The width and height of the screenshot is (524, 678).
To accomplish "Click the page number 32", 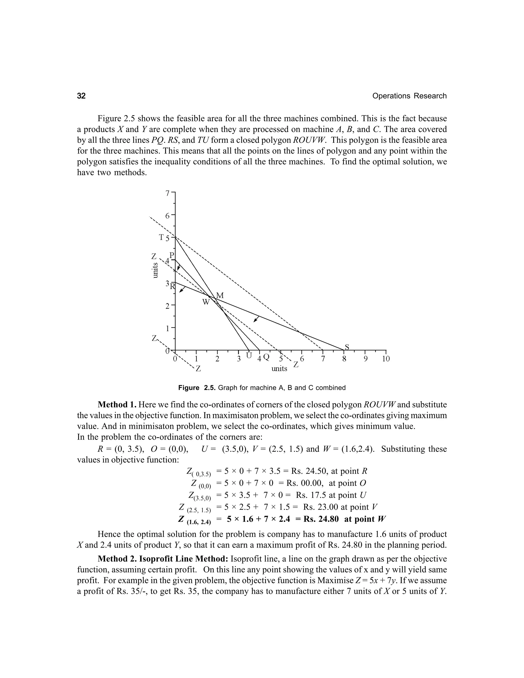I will [81, 96].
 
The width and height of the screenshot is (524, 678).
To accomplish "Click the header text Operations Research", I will [409, 96].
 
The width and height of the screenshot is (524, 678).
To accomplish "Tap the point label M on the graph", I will [220, 295].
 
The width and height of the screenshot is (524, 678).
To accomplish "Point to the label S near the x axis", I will [347, 347].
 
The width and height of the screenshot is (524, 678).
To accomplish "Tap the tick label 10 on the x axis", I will [386, 359].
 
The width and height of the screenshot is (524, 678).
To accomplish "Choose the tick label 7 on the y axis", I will [167, 193].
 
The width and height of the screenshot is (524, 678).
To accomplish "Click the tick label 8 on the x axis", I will [344, 359].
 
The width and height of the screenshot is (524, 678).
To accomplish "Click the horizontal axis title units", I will [279, 368].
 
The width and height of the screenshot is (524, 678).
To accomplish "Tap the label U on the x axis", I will [248, 355].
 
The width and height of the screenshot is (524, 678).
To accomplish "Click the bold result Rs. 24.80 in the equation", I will [321, 519].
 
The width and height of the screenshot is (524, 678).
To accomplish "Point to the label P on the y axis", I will [172, 255].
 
